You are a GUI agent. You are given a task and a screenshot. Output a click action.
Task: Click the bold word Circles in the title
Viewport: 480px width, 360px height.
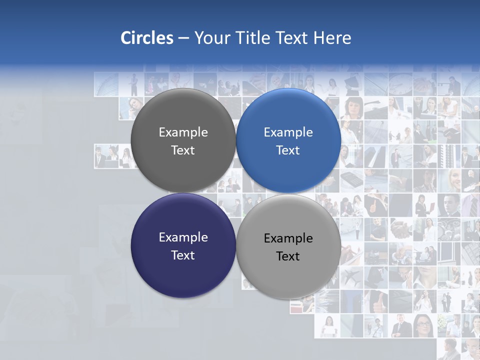[146, 38]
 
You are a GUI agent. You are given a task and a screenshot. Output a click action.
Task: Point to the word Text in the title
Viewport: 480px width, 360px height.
[292, 38]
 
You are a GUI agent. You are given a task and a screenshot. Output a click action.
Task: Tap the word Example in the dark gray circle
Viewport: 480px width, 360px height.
[183, 132]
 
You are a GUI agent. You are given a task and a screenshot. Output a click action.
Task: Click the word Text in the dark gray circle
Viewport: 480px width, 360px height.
[183, 150]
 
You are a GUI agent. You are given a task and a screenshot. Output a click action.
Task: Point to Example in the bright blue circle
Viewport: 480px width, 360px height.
[288, 132]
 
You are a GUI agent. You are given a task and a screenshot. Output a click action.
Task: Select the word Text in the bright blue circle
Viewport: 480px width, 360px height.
[288, 150]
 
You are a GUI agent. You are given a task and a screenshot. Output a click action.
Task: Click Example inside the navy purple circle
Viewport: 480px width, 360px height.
[183, 237]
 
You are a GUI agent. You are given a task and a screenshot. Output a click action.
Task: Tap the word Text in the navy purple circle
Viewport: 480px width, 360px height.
[183, 255]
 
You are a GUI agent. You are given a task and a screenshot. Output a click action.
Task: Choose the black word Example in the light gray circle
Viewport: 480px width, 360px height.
[288, 238]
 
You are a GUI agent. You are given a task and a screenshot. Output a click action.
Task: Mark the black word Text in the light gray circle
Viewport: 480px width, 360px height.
[288, 256]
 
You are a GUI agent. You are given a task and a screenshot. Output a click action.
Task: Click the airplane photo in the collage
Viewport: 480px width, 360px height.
[352, 277]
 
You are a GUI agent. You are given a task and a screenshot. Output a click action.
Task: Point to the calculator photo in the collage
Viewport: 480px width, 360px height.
[352, 178]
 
